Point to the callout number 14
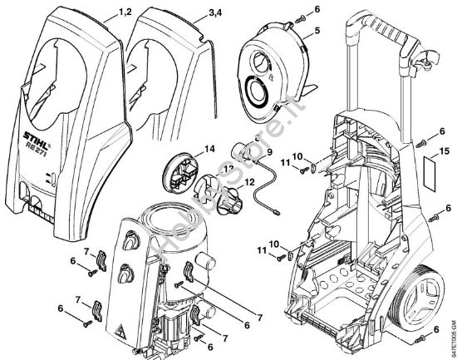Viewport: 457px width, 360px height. pos(209,149)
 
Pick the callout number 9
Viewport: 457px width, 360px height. pos(268,153)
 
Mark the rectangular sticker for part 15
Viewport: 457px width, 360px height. pos(430,177)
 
